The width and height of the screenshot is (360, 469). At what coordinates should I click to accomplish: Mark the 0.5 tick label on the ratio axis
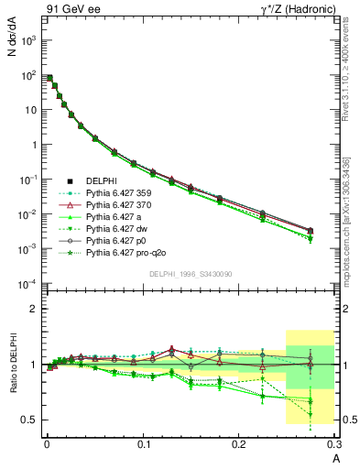pyautogui.click(x=31, y=420)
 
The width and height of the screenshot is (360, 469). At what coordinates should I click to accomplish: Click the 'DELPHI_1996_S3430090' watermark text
pyautogui.click(x=191, y=274)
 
